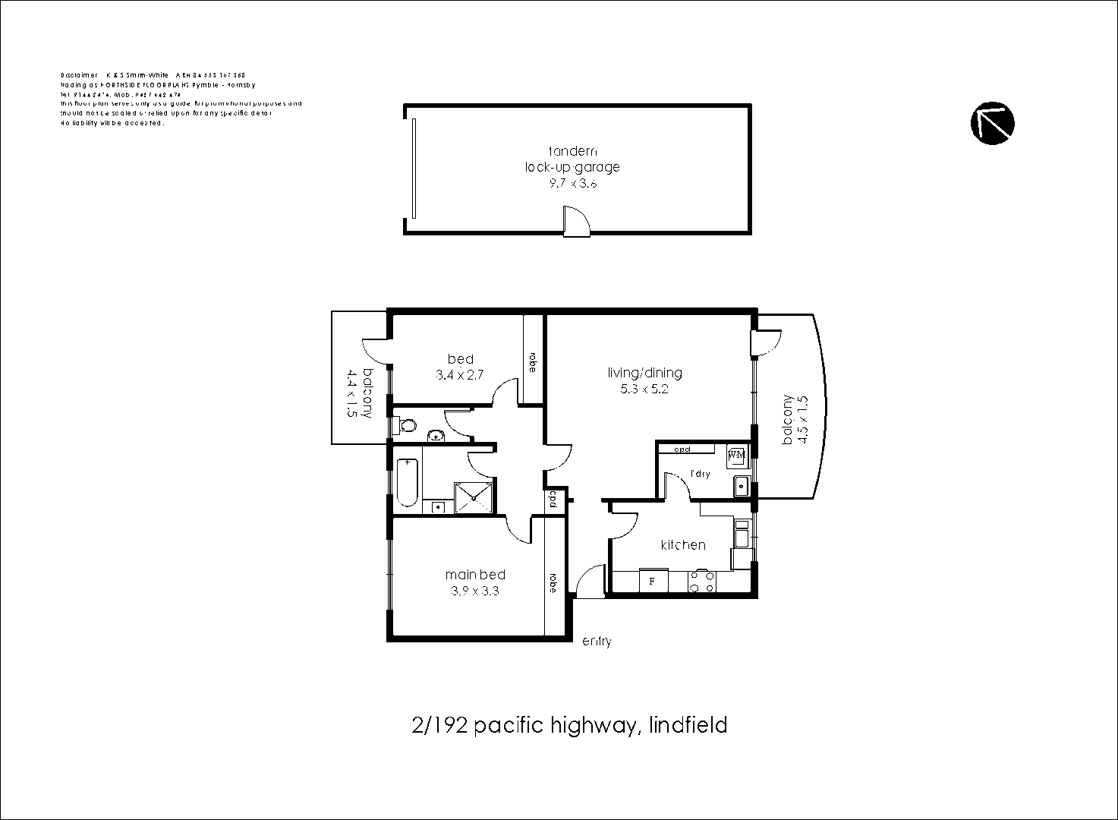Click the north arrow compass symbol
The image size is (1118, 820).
pyautogui.click(x=992, y=122)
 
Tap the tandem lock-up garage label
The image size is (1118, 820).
pyautogui.click(x=572, y=159)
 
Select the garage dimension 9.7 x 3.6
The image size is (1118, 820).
pyautogui.click(x=572, y=183)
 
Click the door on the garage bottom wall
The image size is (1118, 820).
pyautogui.click(x=575, y=222)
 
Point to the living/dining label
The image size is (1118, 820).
pyautogui.click(x=644, y=373)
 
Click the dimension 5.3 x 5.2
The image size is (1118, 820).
pyautogui.click(x=644, y=389)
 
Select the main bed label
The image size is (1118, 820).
pyautogui.click(x=475, y=575)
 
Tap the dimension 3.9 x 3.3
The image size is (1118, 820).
pyautogui.click(x=475, y=591)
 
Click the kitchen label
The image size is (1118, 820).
pyautogui.click(x=682, y=545)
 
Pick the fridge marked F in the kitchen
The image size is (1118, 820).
pyautogui.click(x=653, y=582)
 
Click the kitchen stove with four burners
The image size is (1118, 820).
pyautogui.click(x=701, y=582)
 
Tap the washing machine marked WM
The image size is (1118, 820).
pyautogui.click(x=736, y=456)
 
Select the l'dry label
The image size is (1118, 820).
pyautogui.click(x=699, y=474)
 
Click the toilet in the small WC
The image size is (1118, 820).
pyautogui.click(x=407, y=426)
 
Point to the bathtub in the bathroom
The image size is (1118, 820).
pyautogui.click(x=407, y=482)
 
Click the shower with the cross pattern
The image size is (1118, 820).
pyautogui.click(x=473, y=498)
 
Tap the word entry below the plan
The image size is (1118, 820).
pyautogui.click(x=596, y=642)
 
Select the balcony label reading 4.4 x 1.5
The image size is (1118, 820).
pyautogui.click(x=359, y=393)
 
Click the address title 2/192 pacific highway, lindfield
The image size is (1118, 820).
pyautogui.click(x=569, y=726)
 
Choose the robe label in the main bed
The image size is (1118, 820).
pyautogui.click(x=554, y=582)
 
